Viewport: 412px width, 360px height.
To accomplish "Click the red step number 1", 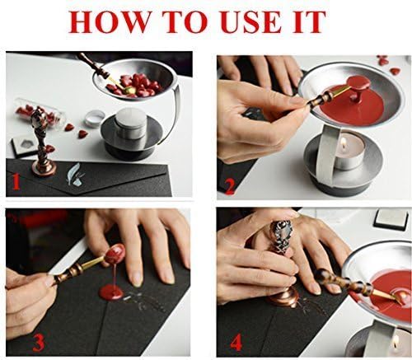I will click(15, 179).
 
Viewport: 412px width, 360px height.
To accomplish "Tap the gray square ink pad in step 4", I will click(385, 220).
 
